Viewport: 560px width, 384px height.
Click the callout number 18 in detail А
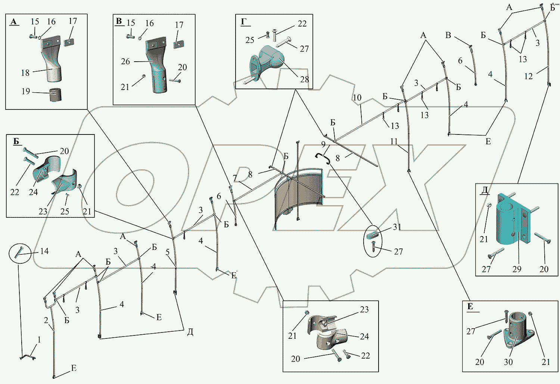click(x=25, y=72)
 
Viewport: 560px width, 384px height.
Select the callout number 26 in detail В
click(x=125, y=61)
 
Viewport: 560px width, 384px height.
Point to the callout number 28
click(x=304, y=79)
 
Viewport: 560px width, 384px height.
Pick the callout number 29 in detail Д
click(x=517, y=269)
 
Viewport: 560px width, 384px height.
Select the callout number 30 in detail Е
click(x=508, y=362)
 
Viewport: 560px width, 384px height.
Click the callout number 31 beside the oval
click(x=397, y=227)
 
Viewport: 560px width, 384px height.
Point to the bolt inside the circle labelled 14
click(x=19, y=254)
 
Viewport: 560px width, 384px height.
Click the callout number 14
click(x=44, y=251)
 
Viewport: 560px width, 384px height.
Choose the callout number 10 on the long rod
click(x=357, y=98)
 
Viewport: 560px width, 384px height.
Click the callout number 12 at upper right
click(x=528, y=76)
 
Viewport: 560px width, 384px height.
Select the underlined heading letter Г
click(x=244, y=22)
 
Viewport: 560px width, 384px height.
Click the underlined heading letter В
click(x=119, y=21)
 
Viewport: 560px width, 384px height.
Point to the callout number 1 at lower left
click(x=39, y=340)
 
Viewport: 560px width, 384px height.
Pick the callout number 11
click(x=394, y=141)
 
